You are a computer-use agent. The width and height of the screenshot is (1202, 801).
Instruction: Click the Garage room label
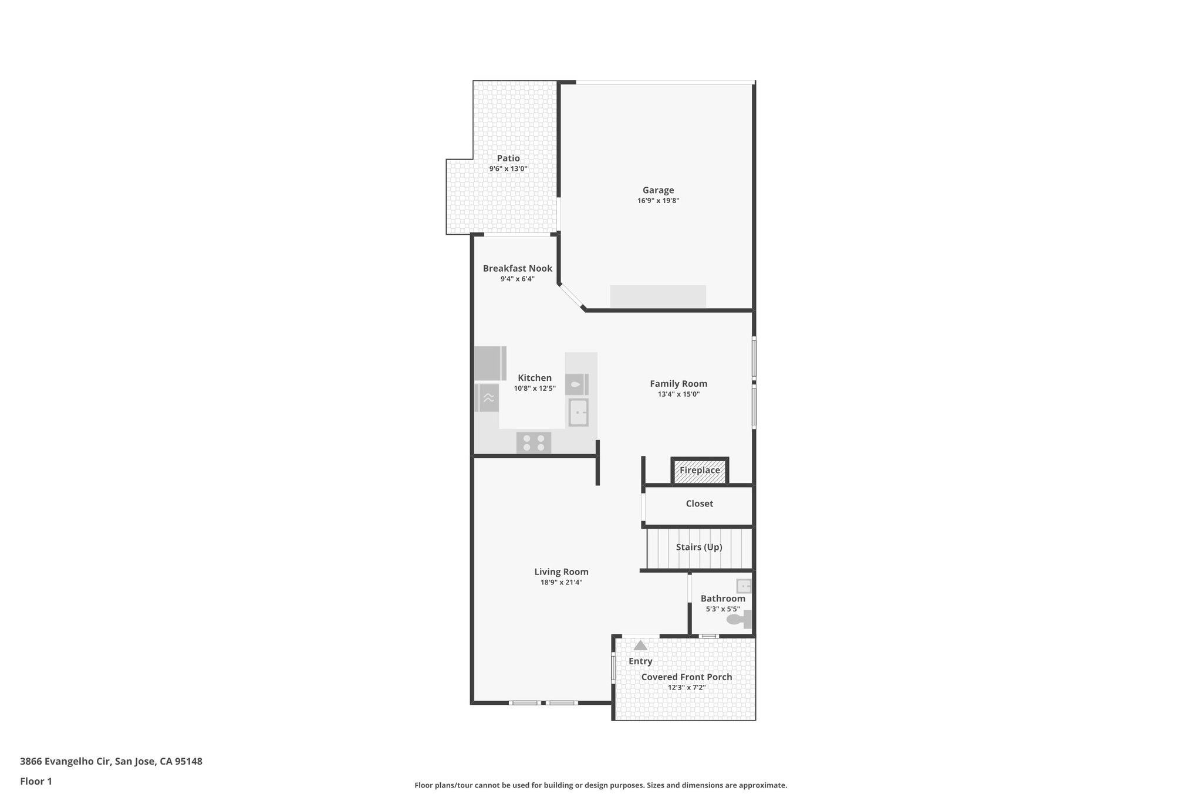(x=658, y=190)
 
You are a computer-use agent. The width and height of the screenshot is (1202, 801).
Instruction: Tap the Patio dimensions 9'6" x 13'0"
(x=508, y=169)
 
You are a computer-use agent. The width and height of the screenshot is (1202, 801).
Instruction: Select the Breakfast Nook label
(x=517, y=268)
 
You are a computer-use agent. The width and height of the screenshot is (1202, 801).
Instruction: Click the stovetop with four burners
(x=534, y=442)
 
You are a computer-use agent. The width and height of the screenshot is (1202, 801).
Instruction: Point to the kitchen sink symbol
(x=578, y=413)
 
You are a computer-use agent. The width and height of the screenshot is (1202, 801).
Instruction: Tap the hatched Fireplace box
(x=700, y=471)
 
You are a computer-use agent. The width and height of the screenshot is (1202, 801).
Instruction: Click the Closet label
(x=699, y=503)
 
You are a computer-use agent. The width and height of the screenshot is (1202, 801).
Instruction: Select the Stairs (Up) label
(x=698, y=547)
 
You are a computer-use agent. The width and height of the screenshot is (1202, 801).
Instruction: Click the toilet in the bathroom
(x=738, y=619)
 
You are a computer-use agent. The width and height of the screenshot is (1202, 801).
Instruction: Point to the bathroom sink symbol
(x=744, y=586)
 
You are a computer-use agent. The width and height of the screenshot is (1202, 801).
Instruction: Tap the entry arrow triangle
(x=640, y=645)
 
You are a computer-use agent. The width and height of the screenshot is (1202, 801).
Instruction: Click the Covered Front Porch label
(x=686, y=677)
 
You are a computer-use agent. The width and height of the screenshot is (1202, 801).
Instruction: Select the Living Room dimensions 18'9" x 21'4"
(x=561, y=583)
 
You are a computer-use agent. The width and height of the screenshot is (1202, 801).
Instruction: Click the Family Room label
(x=678, y=384)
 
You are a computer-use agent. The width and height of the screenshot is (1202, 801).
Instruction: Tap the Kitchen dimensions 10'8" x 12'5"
(x=534, y=388)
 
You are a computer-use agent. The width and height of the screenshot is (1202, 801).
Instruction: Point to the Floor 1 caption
(x=36, y=781)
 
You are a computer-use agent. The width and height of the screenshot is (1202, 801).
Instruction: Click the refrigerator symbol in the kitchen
(x=489, y=363)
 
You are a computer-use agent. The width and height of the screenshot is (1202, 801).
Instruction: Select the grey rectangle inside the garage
(x=657, y=296)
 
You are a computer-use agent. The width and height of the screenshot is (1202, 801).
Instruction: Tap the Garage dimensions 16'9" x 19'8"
(x=658, y=201)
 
